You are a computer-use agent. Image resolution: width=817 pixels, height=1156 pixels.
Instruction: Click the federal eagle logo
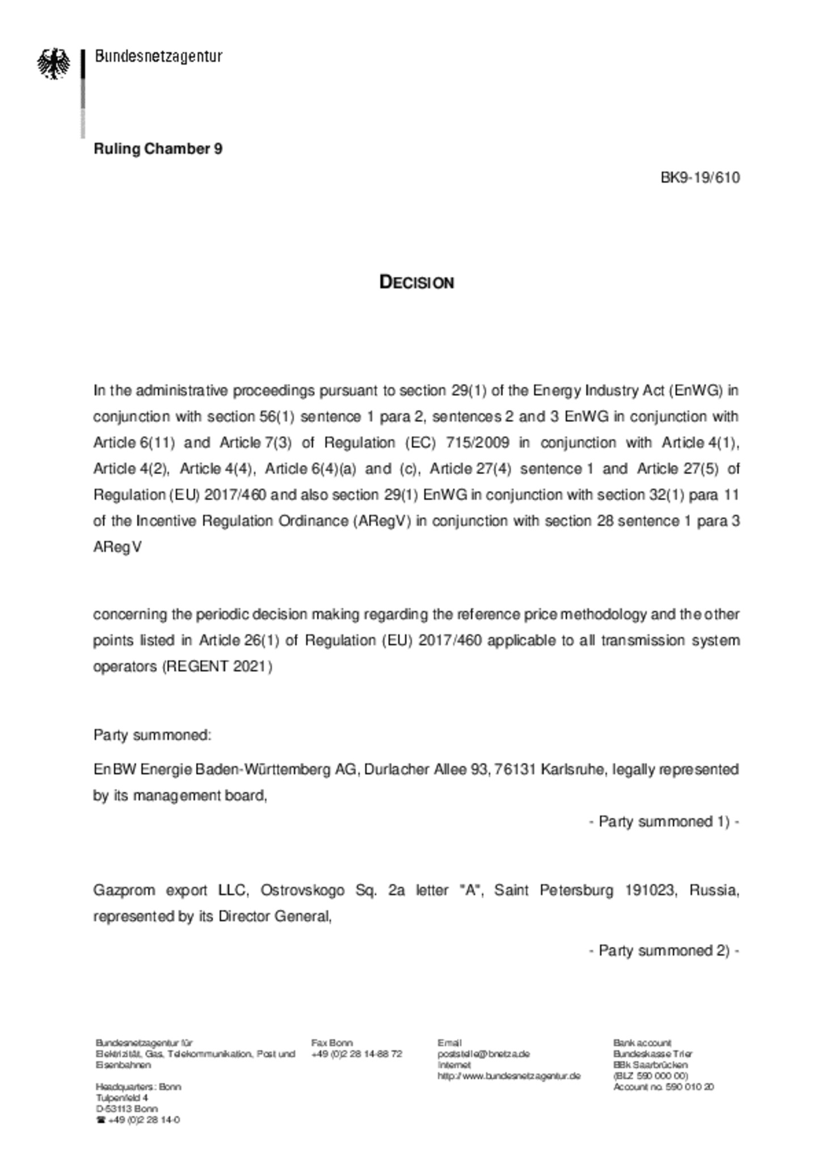[x=53, y=63]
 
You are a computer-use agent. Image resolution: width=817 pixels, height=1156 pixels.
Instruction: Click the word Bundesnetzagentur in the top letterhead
[x=158, y=56]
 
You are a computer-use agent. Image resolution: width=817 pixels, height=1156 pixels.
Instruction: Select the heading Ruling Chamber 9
[x=158, y=149]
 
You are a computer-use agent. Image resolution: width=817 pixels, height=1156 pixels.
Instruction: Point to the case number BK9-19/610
[x=700, y=178]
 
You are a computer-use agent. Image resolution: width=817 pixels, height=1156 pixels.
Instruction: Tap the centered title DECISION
[x=416, y=282]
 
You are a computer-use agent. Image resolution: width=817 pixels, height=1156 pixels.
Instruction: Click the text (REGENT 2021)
[x=217, y=666]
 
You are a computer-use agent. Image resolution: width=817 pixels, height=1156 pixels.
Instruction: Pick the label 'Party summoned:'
[x=152, y=735]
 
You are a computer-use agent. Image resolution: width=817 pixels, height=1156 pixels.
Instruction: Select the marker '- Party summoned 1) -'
[x=663, y=821]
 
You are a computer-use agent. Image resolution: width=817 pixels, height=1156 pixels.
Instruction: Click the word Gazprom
[x=124, y=890]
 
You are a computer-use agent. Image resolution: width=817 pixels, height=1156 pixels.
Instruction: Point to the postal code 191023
[x=650, y=890]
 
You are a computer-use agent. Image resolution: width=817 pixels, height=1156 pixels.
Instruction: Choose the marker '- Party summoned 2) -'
[x=663, y=950]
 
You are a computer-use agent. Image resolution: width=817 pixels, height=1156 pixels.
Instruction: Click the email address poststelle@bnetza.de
[x=483, y=1053]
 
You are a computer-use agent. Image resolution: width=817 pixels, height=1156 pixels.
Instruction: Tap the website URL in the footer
[x=509, y=1075]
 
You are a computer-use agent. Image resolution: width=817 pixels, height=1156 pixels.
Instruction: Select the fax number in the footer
[x=356, y=1053]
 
